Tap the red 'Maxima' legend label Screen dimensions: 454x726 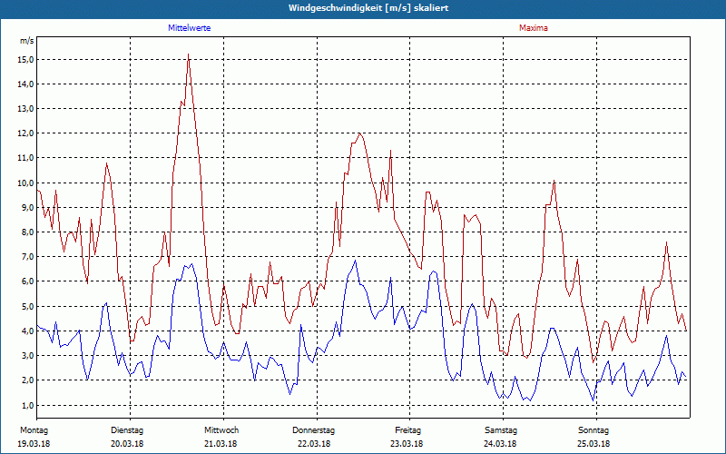pyautogui.click(x=533, y=28)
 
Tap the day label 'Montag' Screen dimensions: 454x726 pyautogui.click(x=34, y=429)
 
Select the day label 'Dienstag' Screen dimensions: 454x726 pyautogui.click(x=127, y=429)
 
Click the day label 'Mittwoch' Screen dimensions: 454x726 pyautogui.click(x=221, y=429)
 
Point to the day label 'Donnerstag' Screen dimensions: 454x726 pyautogui.click(x=314, y=429)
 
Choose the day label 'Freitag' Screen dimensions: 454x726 pyautogui.click(x=407, y=429)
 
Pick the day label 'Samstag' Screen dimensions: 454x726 pyautogui.click(x=501, y=429)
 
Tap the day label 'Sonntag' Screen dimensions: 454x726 pyautogui.click(x=594, y=429)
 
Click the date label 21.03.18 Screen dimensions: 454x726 pyautogui.click(x=221, y=443)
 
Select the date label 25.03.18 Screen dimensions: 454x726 pyautogui.click(x=594, y=443)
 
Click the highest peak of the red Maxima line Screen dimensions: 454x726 pyautogui.click(x=188, y=54)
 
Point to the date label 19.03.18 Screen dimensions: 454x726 pyautogui.click(x=34, y=443)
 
